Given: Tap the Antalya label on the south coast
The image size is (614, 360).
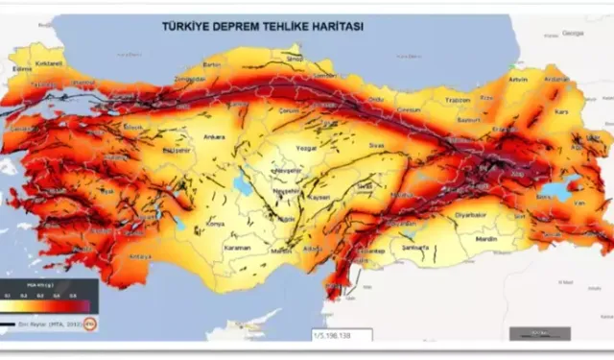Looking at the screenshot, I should pyautogui.click(x=140, y=256).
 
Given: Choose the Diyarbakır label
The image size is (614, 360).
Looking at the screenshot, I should pyautogui.click(x=445, y=215).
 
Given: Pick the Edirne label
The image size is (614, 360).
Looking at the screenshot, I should pyautogui.click(x=17, y=69).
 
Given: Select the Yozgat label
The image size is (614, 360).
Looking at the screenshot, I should pyautogui.click(x=305, y=150).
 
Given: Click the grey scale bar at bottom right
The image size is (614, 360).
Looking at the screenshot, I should pyautogui.click(x=538, y=333).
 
